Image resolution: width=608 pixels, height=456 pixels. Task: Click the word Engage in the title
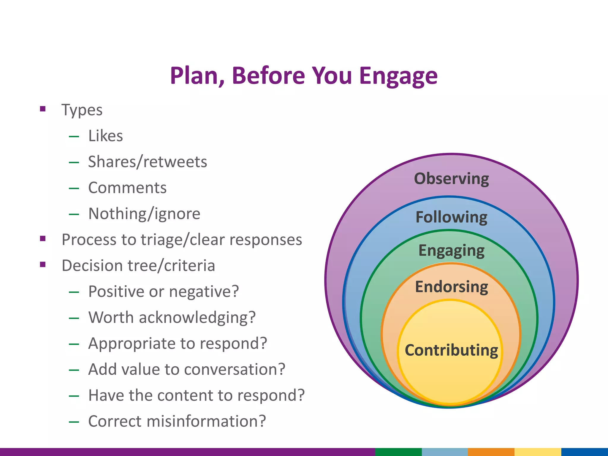point(398,76)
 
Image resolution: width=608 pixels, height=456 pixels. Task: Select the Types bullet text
point(82,110)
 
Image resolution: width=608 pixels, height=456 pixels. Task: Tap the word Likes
point(106,136)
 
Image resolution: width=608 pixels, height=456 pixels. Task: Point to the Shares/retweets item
point(148,162)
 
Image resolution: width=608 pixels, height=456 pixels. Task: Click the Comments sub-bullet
point(127,188)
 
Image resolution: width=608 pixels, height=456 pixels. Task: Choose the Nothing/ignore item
point(144,214)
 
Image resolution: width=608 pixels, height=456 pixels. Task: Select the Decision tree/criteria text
point(138,265)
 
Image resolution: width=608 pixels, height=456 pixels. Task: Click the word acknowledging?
point(197,318)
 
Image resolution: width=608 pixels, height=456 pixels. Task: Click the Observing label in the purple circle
point(451,179)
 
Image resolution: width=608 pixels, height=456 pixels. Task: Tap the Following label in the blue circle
point(451,217)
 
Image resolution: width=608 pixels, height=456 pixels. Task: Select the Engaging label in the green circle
point(451,251)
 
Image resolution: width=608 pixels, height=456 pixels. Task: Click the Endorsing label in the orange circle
point(451,287)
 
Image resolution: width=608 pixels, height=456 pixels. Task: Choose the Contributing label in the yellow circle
point(451,350)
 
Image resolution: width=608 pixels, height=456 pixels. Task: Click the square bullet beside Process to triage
point(43,238)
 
